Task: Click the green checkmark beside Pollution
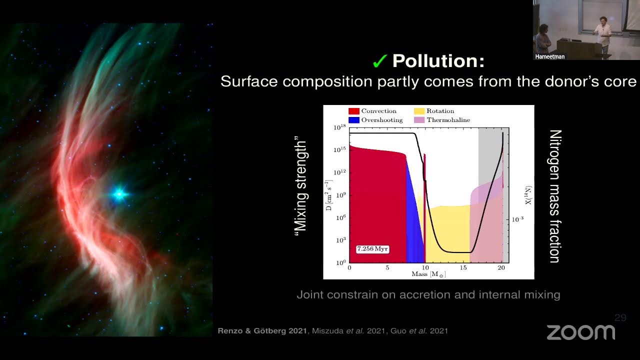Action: coord(379,61)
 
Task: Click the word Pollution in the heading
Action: coord(438,61)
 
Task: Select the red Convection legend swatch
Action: coord(353,111)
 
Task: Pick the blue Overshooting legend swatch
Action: coord(353,120)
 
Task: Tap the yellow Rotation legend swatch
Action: coord(418,111)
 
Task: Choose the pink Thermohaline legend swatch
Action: coord(418,120)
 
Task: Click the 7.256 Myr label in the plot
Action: coord(372,249)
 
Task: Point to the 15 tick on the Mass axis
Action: coord(464,268)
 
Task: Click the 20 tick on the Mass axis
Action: coord(502,268)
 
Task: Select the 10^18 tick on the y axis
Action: coord(340,128)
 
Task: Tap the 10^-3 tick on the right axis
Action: coord(517,219)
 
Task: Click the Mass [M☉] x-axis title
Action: coord(428,274)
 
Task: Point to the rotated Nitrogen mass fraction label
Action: coord(555,196)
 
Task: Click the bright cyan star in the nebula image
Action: coord(119,194)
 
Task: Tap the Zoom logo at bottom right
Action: coord(580,332)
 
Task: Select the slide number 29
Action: coord(620,317)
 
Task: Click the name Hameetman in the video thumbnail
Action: coord(549,56)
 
